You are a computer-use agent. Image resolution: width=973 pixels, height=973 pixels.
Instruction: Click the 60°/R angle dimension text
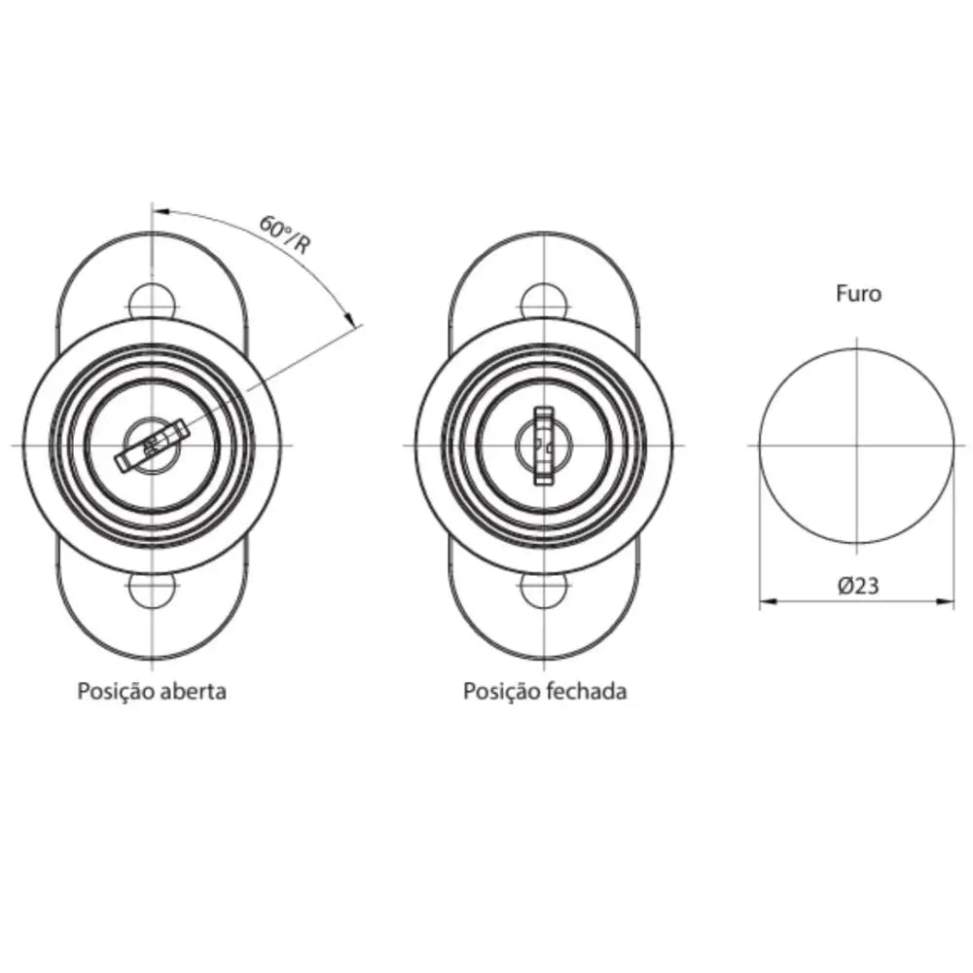(x=283, y=234)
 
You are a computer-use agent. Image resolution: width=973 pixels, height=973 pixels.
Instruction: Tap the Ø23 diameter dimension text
(x=858, y=585)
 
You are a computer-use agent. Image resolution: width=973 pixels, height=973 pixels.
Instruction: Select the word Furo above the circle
(x=858, y=293)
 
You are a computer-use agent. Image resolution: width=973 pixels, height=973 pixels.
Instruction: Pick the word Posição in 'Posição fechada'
(x=502, y=692)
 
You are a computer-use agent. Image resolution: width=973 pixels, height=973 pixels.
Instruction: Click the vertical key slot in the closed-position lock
(x=544, y=446)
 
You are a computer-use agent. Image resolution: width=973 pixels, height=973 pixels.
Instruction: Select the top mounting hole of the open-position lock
(x=153, y=303)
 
